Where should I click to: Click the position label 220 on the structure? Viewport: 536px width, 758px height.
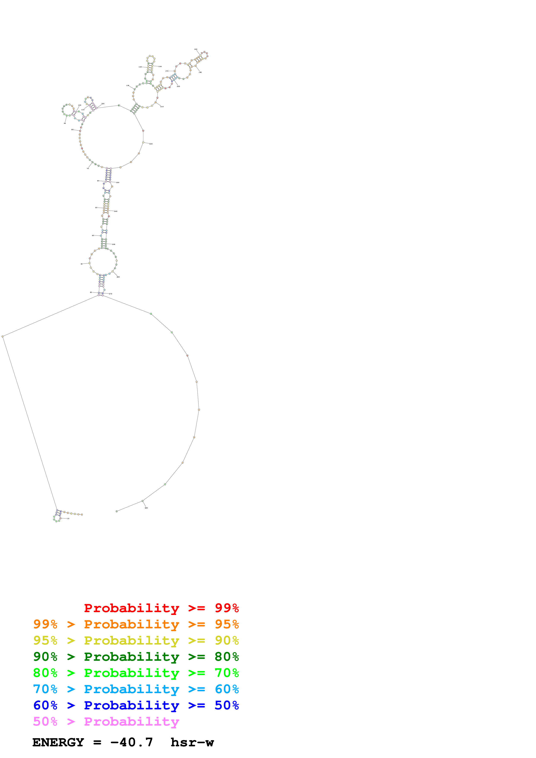click(x=151, y=144)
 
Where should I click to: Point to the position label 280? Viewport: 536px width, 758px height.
click(x=146, y=508)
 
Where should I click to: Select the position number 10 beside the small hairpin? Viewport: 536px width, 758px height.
click(x=68, y=518)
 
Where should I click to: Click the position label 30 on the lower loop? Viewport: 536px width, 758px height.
click(x=82, y=264)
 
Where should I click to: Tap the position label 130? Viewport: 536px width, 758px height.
click(x=128, y=86)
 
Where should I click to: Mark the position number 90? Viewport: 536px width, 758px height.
click(x=65, y=123)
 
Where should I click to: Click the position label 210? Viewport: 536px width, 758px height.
click(x=162, y=107)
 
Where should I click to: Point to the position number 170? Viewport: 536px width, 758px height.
click(x=167, y=71)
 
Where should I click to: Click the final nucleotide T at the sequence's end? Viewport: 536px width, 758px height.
click(x=117, y=511)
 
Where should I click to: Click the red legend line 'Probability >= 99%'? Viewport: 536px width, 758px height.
click(x=161, y=608)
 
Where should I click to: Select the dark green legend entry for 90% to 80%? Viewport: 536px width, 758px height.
click(x=136, y=657)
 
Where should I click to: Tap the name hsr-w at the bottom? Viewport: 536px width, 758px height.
click(x=192, y=742)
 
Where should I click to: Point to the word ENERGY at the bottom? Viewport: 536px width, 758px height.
click(x=58, y=742)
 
